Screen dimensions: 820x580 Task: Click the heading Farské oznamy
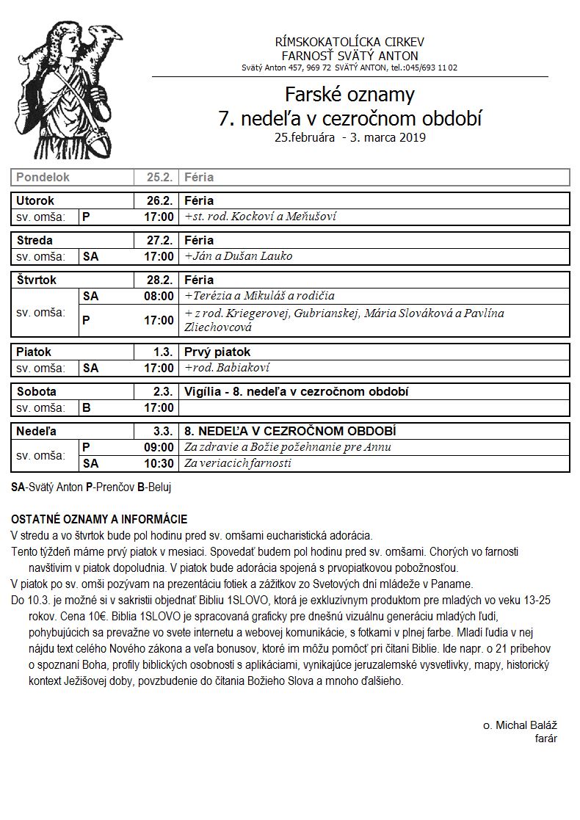coord(349,95)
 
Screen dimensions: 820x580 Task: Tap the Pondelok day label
coord(43,178)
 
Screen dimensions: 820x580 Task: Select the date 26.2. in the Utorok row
coord(159,200)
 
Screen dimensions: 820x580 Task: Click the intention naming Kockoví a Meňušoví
coord(261,217)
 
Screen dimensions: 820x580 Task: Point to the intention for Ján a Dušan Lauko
coord(239,256)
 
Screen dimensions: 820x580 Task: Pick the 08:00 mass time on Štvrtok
coord(159,296)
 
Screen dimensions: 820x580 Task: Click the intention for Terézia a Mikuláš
coord(260,296)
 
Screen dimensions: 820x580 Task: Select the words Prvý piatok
coord(218,352)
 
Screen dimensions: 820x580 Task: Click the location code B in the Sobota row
coord(87,407)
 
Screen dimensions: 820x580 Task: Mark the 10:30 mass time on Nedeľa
coord(159,463)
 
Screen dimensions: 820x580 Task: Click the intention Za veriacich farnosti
coord(238,463)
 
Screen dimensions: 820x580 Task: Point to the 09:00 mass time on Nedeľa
coord(159,447)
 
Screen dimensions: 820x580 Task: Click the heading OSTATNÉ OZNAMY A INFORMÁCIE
coord(99,519)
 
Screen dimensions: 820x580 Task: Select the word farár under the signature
coord(545,739)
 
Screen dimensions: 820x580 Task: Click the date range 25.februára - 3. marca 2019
coord(349,137)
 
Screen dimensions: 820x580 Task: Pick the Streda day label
coord(35,240)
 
